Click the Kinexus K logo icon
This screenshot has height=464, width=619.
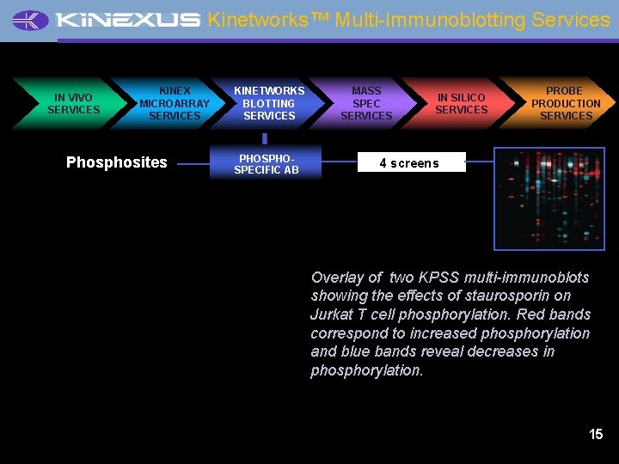[x=31, y=21]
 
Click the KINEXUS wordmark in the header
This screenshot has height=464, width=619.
[x=126, y=21]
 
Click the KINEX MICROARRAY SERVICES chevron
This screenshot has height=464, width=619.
[x=175, y=103]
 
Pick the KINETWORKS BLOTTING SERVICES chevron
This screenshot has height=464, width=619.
[x=269, y=103]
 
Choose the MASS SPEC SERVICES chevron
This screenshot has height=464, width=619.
[x=366, y=103]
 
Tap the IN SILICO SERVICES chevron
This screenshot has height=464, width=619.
[x=461, y=104]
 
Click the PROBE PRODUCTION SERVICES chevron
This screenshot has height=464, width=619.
[x=566, y=103]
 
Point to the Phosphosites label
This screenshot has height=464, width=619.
[x=117, y=162]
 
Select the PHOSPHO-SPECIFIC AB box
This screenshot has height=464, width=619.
[x=267, y=163]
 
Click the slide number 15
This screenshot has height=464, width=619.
[x=596, y=434]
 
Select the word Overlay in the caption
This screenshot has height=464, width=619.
[x=336, y=277]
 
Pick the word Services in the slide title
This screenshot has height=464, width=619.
[x=570, y=20]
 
